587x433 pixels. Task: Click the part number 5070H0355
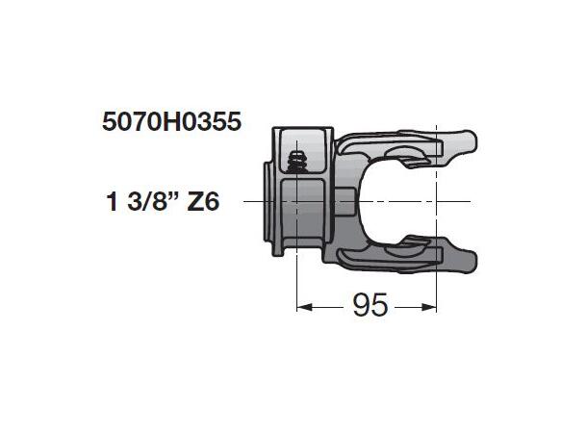[169, 123]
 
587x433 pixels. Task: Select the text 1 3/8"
[140, 202]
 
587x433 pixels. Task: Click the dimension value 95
[370, 306]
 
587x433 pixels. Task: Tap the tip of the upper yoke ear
[471, 145]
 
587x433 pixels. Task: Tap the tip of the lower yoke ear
[471, 257]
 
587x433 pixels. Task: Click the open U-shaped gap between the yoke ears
[404, 201]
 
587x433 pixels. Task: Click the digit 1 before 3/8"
[112, 202]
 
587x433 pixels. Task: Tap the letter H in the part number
[178, 123]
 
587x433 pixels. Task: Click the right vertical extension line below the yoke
[437, 289]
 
